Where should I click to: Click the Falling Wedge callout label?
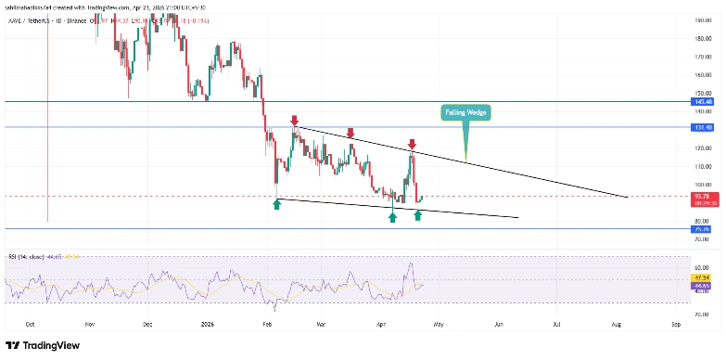coord(464,112)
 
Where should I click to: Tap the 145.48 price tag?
coord(701,101)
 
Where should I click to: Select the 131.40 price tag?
coord(701,127)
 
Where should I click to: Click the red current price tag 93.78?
coord(701,196)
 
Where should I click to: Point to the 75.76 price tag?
coord(701,228)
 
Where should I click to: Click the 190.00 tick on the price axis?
coord(701,19)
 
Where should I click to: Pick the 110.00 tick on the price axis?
coord(701,166)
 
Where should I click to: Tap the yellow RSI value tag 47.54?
coord(701,276)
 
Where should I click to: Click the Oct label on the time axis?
coord(30,325)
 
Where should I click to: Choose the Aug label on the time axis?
coord(617,325)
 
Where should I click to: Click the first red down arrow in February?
coord(294,121)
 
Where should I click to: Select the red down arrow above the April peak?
coord(412,145)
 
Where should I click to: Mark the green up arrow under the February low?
coord(276,203)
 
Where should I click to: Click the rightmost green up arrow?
coord(418,215)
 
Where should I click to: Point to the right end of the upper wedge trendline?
coord(628,197)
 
